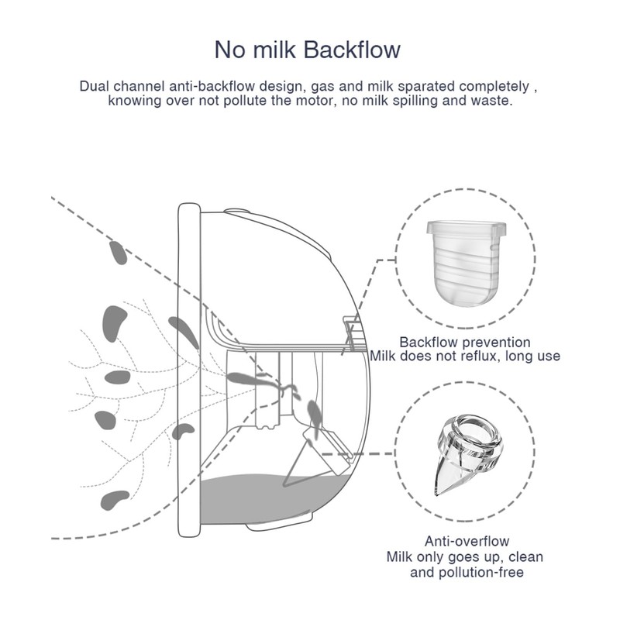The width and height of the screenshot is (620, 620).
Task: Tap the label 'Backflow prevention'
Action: (465, 342)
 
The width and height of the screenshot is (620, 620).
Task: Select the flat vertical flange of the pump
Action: (188, 372)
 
